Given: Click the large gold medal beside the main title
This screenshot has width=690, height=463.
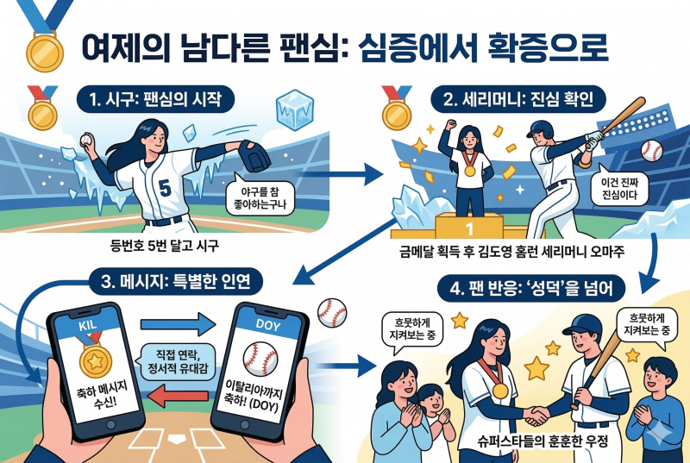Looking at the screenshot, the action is click(x=45, y=53).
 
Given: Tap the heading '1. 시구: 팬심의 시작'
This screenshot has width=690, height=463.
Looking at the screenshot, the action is click(x=155, y=99).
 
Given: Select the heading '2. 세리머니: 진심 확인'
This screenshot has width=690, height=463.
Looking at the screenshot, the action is click(x=518, y=99).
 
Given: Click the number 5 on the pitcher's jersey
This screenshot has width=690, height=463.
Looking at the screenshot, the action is click(x=165, y=188).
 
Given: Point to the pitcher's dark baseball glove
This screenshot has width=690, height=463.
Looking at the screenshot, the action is click(x=254, y=157).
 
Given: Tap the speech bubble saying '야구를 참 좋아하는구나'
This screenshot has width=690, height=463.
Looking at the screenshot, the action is click(x=260, y=197).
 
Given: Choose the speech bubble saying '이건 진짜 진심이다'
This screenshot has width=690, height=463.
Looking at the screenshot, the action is click(x=619, y=188).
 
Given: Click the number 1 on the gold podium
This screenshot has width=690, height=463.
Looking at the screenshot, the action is click(x=469, y=228).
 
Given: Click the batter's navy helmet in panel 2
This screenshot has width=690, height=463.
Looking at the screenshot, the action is click(x=541, y=128).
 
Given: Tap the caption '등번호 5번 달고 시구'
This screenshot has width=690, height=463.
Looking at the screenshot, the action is click(x=164, y=246).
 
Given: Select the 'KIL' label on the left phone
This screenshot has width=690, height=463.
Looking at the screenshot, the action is click(x=88, y=326).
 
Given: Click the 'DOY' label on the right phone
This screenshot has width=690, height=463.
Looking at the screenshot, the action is click(x=267, y=325).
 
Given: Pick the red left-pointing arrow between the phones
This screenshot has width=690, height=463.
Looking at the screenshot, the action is click(x=178, y=395).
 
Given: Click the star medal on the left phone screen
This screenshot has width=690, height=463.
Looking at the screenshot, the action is click(x=95, y=360).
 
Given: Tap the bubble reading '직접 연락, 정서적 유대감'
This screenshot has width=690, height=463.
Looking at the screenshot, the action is click(x=178, y=361).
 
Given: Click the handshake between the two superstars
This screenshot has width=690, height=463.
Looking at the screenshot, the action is click(x=536, y=415).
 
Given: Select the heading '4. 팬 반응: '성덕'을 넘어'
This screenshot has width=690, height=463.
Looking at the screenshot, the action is click(x=531, y=289).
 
